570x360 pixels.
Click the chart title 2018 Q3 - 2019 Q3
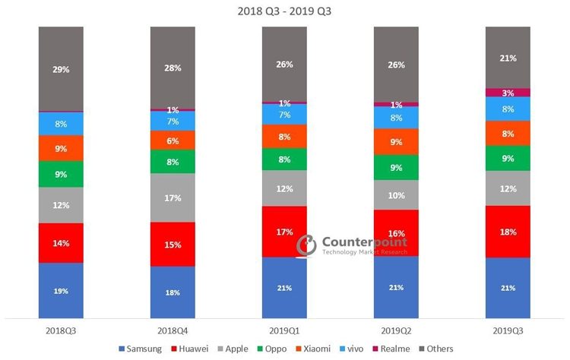click(x=284, y=11)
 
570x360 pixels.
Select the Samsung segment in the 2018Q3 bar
click(x=61, y=290)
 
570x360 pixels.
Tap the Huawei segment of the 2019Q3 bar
click(x=508, y=231)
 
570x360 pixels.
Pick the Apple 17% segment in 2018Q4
click(x=173, y=197)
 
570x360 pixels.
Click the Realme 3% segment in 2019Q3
click(x=508, y=93)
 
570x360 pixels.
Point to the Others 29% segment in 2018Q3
click(x=61, y=68)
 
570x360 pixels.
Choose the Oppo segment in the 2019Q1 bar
click(x=284, y=159)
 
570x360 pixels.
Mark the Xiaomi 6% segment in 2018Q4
click(x=173, y=141)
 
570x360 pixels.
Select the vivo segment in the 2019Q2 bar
click(x=396, y=118)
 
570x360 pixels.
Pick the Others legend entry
click(x=435, y=349)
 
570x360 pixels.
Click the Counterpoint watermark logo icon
click(x=307, y=244)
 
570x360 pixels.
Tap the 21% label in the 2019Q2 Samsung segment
click(x=396, y=288)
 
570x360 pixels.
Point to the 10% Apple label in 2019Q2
click(x=396, y=195)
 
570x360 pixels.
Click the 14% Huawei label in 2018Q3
click(x=61, y=243)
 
